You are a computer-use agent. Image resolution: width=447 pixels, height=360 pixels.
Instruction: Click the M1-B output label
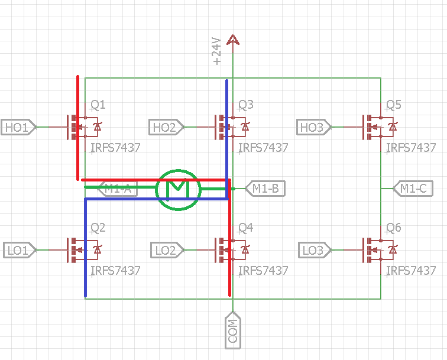(264, 189)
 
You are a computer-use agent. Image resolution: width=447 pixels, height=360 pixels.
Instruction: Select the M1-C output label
(412, 189)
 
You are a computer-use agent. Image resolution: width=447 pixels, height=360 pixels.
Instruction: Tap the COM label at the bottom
(233, 330)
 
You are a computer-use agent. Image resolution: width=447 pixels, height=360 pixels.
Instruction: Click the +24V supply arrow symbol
(233, 40)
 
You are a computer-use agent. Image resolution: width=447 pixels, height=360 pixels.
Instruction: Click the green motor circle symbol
(178, 189)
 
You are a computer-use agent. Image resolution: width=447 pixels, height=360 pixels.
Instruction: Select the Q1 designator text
(98, 105)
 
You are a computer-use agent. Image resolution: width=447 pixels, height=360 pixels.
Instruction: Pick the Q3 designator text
(245, 105)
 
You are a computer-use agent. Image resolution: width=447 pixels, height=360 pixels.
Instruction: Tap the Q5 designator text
(393, 105)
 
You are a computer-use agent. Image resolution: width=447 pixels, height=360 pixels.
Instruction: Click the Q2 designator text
(98, 228)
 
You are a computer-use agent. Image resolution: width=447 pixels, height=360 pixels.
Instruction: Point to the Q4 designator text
(245, 228)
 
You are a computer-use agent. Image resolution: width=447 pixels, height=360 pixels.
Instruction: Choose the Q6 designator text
(393, 228)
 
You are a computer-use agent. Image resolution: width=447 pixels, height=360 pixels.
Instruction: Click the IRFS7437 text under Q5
(412, 148)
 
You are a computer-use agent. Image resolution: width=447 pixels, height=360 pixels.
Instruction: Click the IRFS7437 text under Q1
(116, 148)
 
